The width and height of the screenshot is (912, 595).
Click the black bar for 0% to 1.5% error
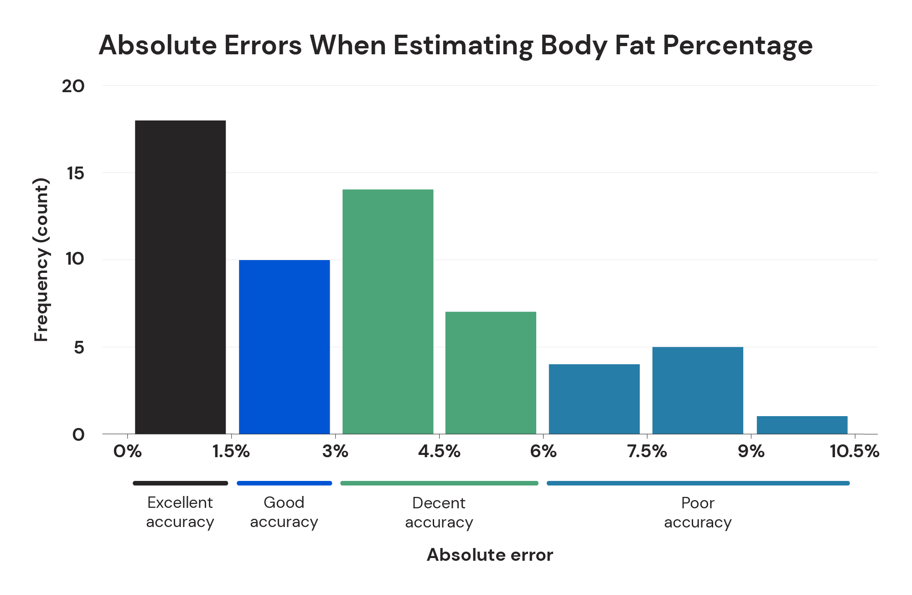tap(181, 277)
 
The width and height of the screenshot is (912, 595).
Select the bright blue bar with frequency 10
tap(284, 347)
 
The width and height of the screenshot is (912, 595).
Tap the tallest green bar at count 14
tap(388, 311)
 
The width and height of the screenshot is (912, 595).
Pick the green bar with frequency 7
tap(491, 372)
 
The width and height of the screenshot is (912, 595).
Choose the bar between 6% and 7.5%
tap(594, 399)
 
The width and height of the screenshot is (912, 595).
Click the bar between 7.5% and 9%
tap(698, 390)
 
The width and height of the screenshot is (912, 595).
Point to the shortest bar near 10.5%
tap(802, 425)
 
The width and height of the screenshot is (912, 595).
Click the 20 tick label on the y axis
tap(73, 86)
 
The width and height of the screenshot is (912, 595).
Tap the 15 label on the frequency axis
tap(75, 173)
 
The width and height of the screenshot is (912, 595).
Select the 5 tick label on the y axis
tap(79, 348)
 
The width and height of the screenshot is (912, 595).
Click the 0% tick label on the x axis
tap(128, 451)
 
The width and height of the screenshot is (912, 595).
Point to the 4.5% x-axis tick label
tap(439, 451)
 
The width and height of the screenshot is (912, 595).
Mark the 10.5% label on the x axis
tap(854, 451)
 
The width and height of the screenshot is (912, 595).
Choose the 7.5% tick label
tap(647, 451)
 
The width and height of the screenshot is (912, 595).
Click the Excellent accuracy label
tap(180, 512)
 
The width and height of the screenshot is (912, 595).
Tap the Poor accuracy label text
tap(698, 512)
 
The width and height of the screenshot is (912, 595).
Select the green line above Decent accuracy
tap(439, 483)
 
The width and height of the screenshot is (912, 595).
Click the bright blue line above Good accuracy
tap(284, 483)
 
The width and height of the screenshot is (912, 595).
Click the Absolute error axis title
tap(490, 555)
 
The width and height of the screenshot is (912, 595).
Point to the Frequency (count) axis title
tap(41, 260)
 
